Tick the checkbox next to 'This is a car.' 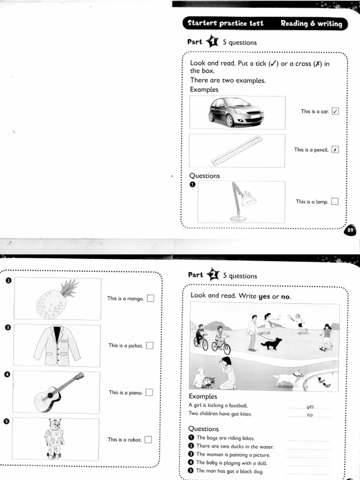(x=335, y=112)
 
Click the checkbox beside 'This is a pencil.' (x=335, y=150)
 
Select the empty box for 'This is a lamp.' (x=335, y=202)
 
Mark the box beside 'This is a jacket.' (x=150, y=345)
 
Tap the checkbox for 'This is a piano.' (x=149, y=392)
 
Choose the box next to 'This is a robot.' (x=148, y=439)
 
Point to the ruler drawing (x=236, y=150)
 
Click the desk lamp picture (x=241, y=202)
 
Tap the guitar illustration (x=57, y=393)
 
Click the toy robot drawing (x=54, y=438)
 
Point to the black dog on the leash (x=271, y=344)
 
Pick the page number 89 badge (x=351, y=231)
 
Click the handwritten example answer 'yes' (x=310, y=406)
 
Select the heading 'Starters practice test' (x=225, y=23)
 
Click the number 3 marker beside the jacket (x=7, y=327)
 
